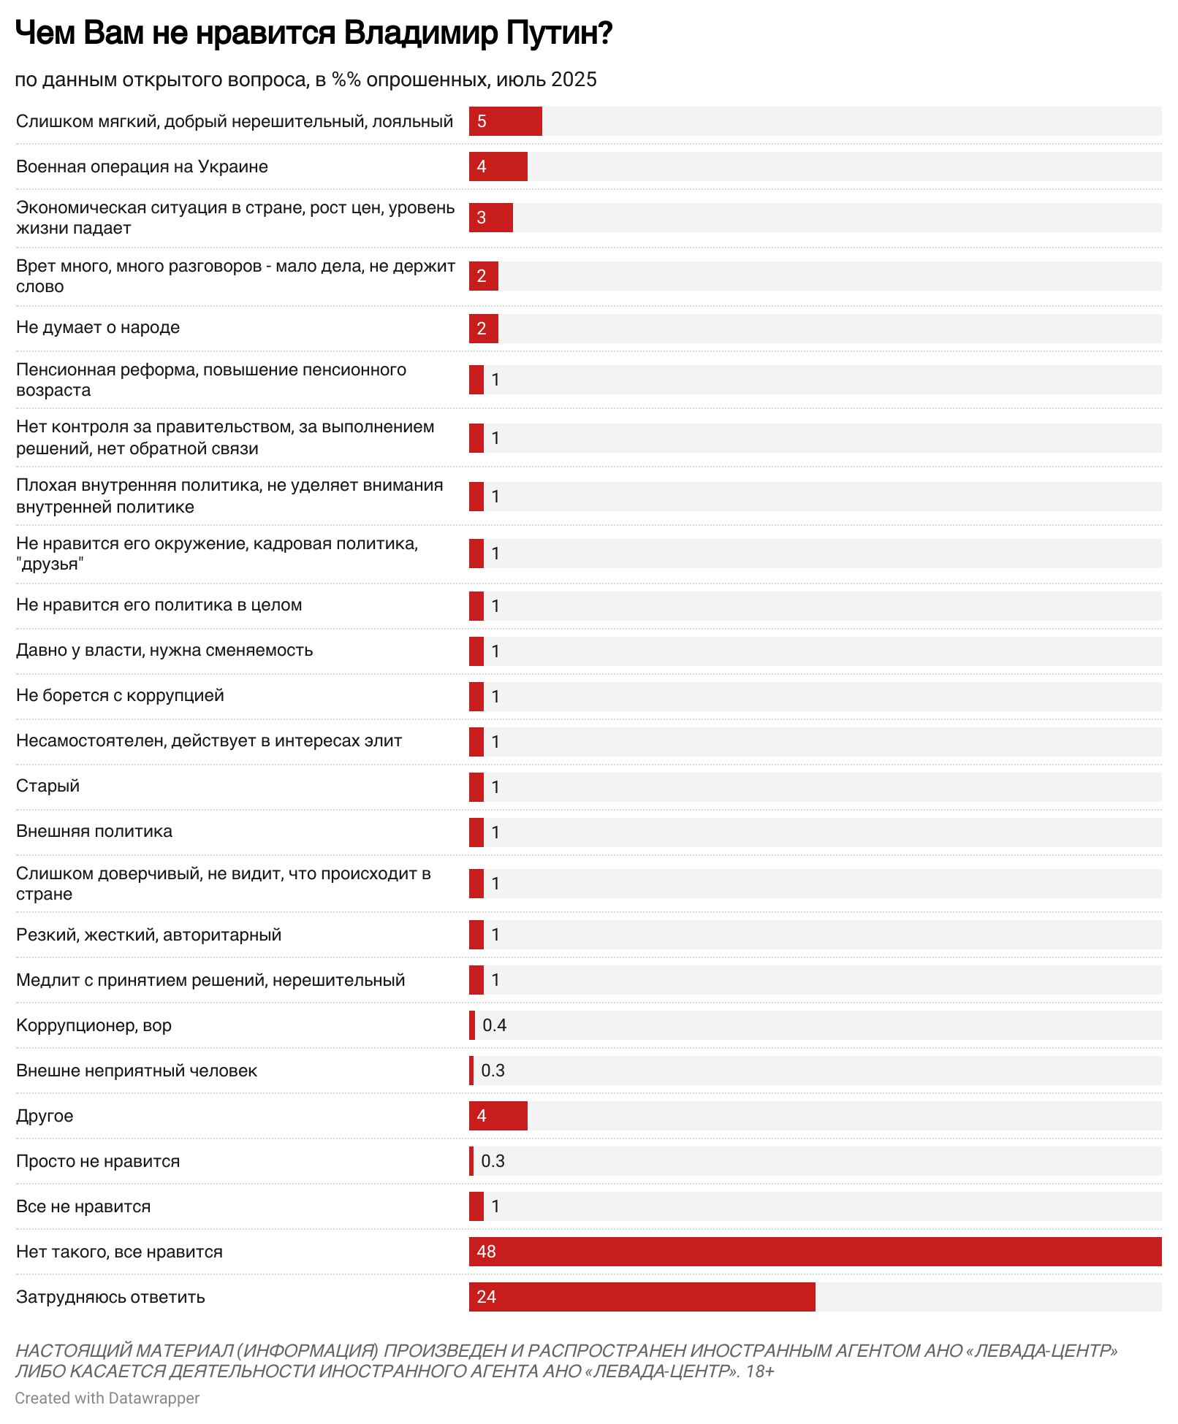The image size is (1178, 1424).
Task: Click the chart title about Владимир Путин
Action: [313, 34]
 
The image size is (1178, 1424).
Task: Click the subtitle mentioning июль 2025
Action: [305, 80]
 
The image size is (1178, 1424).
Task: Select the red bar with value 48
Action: [815, 1251]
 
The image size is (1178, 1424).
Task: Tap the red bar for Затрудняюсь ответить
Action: [642, 1296]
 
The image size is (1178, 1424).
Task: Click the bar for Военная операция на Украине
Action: [498, 166]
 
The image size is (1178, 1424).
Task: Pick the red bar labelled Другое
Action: [498, 1115]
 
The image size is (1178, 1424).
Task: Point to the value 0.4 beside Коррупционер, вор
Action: [494, 1025]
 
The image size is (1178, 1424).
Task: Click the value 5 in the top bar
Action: [482, 121]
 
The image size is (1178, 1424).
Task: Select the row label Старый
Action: [47, 786]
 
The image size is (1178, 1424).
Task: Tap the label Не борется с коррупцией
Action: [120, 695]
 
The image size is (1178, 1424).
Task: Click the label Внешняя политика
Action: [94, 831]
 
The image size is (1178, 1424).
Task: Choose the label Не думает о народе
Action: [98, 327]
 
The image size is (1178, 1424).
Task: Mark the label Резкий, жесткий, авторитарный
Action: [148, 935]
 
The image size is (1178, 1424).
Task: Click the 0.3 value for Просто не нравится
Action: [493, 1161]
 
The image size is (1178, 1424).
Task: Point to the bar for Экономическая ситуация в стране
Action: [490, 218]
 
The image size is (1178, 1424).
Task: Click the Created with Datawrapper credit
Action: [107, 1398]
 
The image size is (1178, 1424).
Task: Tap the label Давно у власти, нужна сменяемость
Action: [164, 650]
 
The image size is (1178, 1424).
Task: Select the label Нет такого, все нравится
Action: [119, 1252]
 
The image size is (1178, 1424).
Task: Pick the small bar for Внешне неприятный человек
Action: [471, 1071]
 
